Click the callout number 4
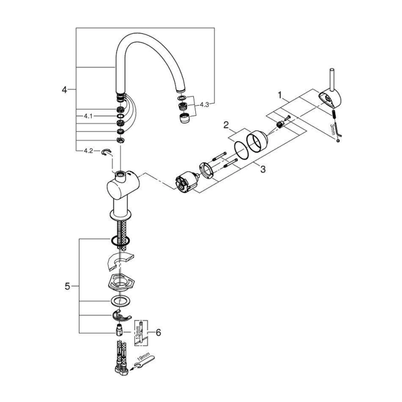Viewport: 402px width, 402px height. (x=64, y=89)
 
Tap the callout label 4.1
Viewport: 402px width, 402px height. (x=88, y=116)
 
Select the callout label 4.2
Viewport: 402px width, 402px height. (x=88, y=151)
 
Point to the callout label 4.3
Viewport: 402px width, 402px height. (x=205, y=105)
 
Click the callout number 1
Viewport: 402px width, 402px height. (x=280, y=95)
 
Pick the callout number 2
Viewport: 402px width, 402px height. (x=226, y=125)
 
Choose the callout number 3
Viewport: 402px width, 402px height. (x=263, y=169)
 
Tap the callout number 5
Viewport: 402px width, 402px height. (x=67, y=286)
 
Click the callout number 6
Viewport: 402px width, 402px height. (x=158, y=333)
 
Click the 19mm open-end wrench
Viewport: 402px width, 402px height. (x=143, y=362)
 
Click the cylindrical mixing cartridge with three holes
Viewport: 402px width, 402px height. (x=186, y=181)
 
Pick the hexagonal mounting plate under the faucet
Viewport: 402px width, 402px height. (x=120, y=282)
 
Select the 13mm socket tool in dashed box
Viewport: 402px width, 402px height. (x=141, y=333)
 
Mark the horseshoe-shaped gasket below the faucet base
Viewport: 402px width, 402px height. (x=120, y=261)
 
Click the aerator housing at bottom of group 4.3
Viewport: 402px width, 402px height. (x=184, y=118)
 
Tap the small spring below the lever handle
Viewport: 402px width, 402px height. (x=334, y=114)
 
